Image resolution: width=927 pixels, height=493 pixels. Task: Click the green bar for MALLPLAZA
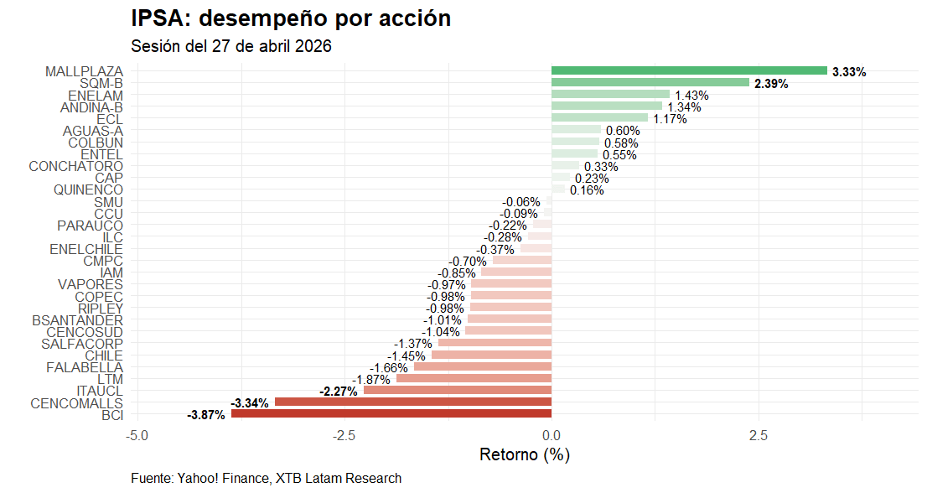(689, 71)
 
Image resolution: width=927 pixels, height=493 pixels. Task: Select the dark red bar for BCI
(391, 414)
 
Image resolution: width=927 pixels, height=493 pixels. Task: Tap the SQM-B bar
(650, 83)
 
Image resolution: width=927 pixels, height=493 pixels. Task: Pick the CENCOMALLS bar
(413, 402)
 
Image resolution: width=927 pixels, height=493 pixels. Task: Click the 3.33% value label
(849, 72)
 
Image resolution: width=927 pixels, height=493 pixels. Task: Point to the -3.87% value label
(206, 415)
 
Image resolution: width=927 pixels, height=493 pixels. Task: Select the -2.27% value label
(339, 392)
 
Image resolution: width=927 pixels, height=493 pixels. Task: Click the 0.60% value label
(623, 131)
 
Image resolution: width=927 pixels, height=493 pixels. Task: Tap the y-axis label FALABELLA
(85, 367)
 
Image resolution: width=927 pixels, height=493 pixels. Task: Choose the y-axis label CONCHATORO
(76, 166)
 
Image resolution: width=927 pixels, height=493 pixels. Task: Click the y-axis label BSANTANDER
(78, 320)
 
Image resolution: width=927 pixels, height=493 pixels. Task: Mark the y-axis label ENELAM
(96, 96)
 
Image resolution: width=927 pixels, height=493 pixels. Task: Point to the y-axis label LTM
(110, 379)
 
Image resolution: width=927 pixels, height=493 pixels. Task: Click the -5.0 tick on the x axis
(137, 436)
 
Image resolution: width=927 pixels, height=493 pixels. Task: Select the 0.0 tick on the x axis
(552, 436)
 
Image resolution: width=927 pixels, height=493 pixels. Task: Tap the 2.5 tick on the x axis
(759, 436)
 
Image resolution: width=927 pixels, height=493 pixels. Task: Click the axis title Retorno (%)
(525, 455)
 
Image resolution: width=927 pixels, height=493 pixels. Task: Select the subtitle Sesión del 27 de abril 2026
(231, 46)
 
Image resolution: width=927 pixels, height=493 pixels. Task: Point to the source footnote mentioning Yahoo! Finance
(267, 478)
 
